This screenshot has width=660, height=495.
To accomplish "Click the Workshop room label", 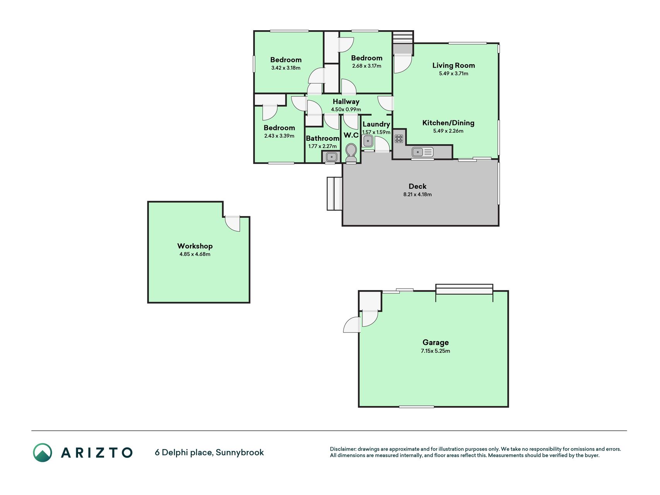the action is [x=195, y=246].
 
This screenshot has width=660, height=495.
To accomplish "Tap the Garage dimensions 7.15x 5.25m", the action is [x=435, y=351].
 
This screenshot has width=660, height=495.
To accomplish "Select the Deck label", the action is [x=418, y=186].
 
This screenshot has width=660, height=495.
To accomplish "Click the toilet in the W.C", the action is [x=351, y=153].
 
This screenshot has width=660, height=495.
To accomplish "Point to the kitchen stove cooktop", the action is [x=399, y=138].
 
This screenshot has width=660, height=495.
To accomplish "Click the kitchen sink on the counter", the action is [x=423, y=152].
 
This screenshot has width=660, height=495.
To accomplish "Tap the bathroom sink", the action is [x=331, y=157].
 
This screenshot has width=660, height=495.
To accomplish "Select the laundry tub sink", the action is [x=368, y=141].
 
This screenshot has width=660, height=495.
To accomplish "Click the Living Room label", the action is [x=454, y=65].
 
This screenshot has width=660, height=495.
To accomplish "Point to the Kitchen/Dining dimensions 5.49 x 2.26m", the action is [x=448, y=131].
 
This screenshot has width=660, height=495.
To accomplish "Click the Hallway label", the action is [x=346, y=101].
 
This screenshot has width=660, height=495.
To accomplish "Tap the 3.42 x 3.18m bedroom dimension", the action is [x=286, y=68].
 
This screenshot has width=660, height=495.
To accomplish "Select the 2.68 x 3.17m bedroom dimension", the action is [x=367, y=66].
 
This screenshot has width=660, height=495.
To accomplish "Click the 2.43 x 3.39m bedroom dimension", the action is [x=279, y=136].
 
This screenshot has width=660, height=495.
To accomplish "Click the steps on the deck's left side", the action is [x=335, y=194].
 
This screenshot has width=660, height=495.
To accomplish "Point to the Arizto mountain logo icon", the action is [x=42, y=452].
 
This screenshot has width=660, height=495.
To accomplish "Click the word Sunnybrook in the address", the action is [x=240, y=452].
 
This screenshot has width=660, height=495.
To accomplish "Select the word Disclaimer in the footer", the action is [x=343, y=449].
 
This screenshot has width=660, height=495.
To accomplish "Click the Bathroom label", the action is [x=322, y=138].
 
